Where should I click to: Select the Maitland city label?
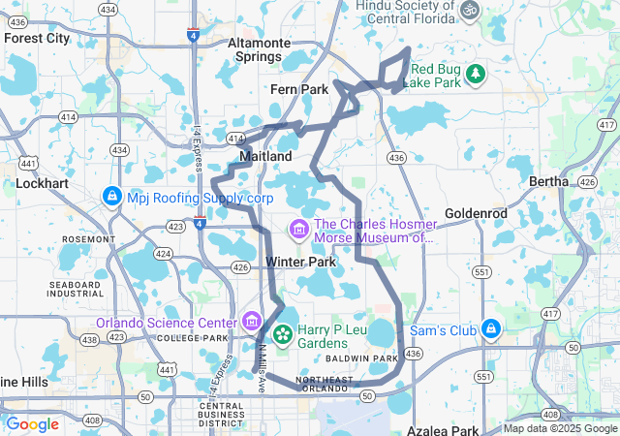265,156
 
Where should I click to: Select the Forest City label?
37,39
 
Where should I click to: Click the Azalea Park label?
445,429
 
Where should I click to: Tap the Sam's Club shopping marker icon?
491,330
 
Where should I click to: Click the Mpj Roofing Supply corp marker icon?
112,197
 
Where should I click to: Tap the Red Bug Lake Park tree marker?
475,73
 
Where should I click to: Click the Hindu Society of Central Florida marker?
470,10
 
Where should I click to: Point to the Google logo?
33,424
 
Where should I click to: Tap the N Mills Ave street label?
261,355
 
